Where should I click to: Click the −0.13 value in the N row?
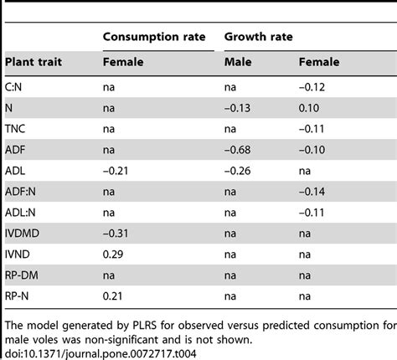click(x=241, y=107)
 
